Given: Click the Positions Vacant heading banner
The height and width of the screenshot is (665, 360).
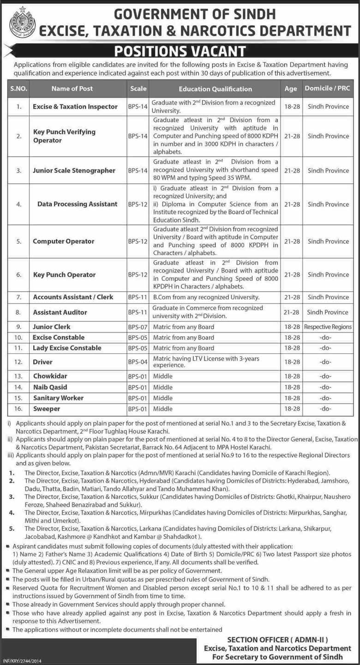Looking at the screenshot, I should (180, 51).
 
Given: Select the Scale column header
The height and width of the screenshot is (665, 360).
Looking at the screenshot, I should (138, 89).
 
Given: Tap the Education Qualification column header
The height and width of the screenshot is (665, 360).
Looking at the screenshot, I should (215, 89).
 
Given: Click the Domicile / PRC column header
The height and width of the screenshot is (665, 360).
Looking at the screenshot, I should (328, 88).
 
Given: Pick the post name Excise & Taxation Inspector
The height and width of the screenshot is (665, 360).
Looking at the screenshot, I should (75, 106).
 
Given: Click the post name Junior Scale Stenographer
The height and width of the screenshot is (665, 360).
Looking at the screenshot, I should (74, 170).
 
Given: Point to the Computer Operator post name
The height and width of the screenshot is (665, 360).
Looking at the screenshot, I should (64, 241).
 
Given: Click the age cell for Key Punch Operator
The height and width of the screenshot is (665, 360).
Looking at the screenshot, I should (291, 274).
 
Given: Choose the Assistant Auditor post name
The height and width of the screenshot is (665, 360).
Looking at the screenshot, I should (60, 312).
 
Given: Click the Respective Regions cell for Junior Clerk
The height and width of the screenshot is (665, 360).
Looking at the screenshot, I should (328, 327).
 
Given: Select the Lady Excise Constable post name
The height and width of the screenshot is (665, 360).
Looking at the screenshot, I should (67, 348).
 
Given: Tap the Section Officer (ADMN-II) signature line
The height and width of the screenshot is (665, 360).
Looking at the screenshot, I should (277, 640).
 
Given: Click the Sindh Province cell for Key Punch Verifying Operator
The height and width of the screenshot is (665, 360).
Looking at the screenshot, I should (328, 136).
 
